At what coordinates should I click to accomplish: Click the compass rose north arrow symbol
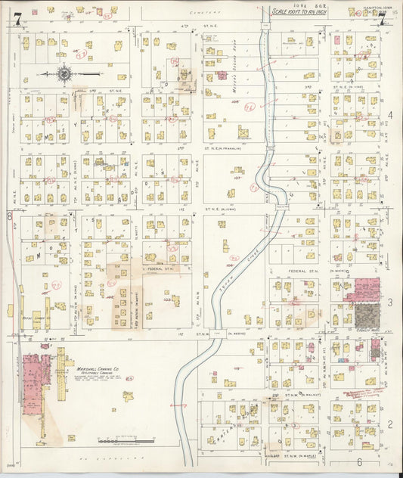[64, 74]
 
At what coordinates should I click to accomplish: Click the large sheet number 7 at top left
[16, 20]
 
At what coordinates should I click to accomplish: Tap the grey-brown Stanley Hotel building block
[367, 315]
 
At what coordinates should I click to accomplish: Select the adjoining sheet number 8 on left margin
[10, 216]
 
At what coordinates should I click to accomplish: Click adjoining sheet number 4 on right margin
[390, 115]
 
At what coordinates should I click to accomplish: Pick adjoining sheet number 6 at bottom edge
[359, 461]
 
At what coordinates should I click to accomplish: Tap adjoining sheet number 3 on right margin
[390, 303]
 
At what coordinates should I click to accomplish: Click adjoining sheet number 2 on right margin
[390, 424]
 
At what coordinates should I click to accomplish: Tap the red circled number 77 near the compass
[80, 55]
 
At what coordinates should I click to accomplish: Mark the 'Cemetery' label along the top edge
[225, 11]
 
